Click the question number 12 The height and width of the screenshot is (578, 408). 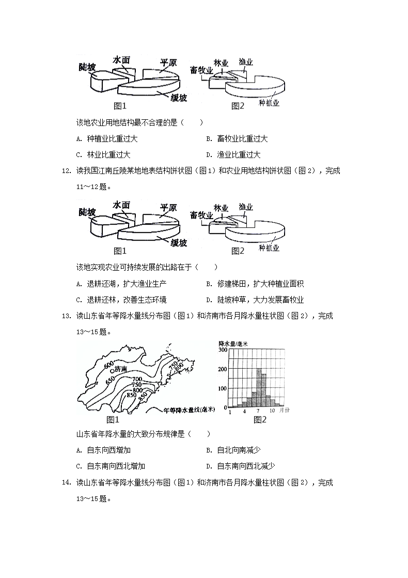[x=66, y=171]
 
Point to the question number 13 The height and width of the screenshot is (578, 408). [x=66, y=316]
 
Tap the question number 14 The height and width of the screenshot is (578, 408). [x=66, y=482]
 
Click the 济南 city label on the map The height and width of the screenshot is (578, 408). [x=120, y=370]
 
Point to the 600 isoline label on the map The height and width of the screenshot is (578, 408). [x=108, y=366]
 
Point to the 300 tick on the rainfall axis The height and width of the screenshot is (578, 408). [x=223, y=350]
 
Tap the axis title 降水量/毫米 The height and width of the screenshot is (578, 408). [x=233, y=343]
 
